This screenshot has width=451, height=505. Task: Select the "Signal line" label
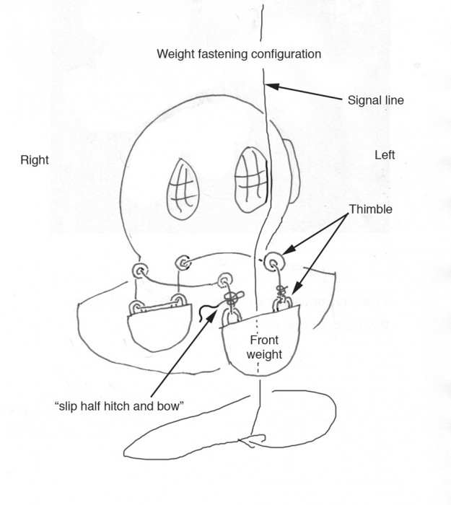[375, 101]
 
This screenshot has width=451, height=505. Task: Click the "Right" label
[35, 160]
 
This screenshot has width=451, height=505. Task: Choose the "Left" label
[385, 154]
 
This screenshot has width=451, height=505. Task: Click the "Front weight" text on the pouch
[266, 347]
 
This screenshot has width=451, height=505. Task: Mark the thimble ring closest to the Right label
[139, 271]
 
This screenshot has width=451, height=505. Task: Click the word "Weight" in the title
[175, 54]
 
